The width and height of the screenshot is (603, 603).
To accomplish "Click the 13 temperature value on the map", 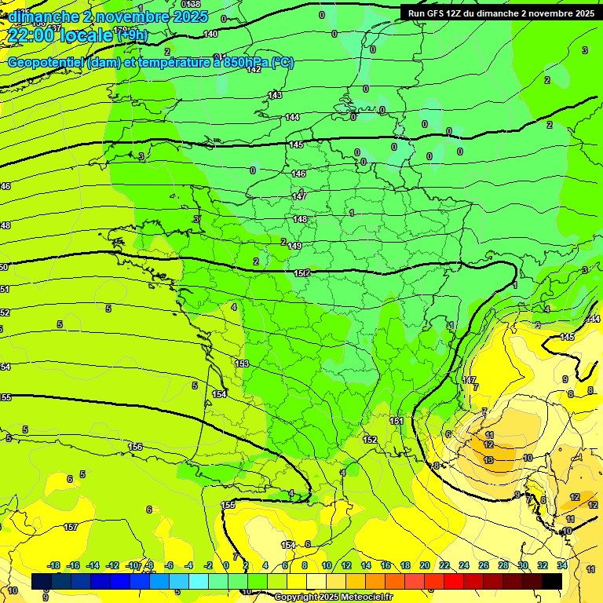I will pos(488,459).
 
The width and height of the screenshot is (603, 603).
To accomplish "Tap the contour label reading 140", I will pos(210,34).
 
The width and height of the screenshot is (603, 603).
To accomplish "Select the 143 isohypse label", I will pos(275,95).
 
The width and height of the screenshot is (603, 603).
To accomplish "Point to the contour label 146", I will pos(298,174).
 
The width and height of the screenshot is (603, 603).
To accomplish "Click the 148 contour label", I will pos(299,219).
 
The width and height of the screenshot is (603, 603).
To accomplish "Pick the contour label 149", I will pos(294,246).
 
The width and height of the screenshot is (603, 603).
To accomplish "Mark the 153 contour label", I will pos(242,364).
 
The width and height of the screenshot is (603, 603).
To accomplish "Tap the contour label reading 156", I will pos(136,447).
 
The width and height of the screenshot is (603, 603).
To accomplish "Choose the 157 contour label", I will pos(71,527).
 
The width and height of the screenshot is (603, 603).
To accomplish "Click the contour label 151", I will pos(397,422).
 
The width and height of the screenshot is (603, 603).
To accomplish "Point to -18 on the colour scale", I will pos(53,565).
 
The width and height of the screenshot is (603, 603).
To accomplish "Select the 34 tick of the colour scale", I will pos(562,565).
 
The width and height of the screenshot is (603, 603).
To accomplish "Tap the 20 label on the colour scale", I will pos(425,565).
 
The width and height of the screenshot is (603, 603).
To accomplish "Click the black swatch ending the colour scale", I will pos(552,581).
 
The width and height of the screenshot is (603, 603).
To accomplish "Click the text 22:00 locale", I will pos(59,35).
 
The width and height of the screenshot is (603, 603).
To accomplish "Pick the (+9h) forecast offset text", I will pos(131,35).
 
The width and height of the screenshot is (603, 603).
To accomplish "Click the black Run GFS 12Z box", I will pos(499,13).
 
